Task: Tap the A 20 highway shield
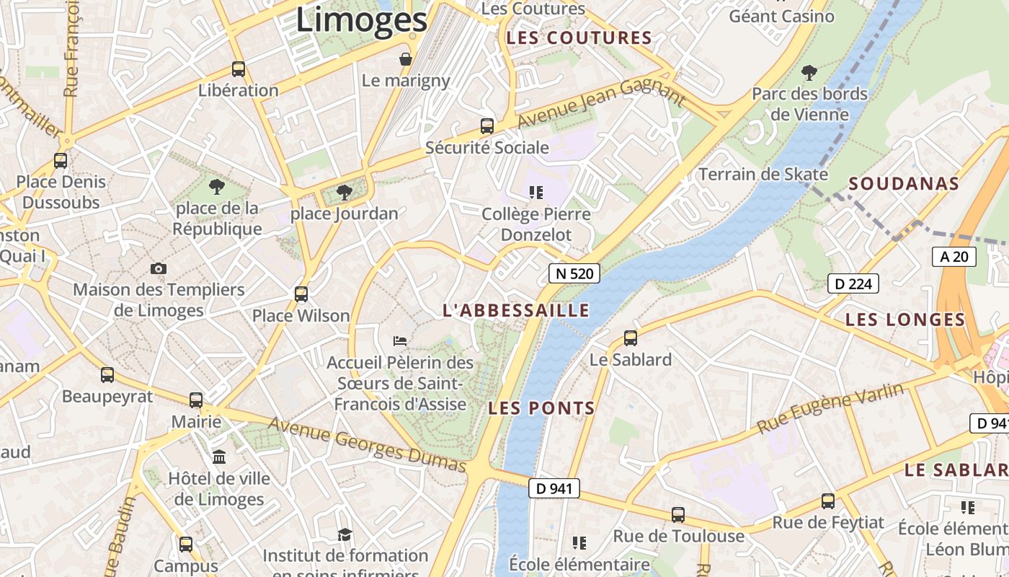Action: [954, 257]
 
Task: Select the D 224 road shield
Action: [853, 283]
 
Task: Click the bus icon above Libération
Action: [239, 69]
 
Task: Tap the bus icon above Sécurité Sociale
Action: [487, 126]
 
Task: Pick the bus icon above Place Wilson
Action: [301, 294]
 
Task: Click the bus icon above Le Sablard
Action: [631, 338]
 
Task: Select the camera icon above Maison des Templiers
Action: [159, 268]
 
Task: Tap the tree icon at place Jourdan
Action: [345, 192]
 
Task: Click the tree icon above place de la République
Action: [216, 188]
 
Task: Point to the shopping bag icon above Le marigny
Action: [406, 59]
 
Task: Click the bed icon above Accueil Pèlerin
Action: [400, 340]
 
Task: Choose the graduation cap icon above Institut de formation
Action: [345, 534]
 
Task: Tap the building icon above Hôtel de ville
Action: [219, 457]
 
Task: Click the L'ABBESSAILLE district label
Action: [516, 311]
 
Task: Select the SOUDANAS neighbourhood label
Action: [904, 184]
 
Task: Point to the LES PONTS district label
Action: [542, 408]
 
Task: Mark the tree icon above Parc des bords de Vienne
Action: [809, 72]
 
